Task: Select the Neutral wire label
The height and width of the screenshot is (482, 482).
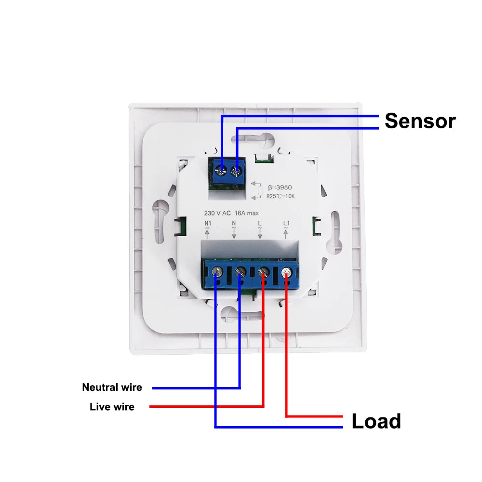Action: coord(112,387)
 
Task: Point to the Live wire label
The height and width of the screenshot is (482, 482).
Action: coord(112,407)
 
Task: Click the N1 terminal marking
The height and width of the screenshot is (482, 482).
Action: coord(208,223)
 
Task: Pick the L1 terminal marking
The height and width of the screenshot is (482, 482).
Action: coord(286,223)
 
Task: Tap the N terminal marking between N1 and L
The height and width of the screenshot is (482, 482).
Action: coord(234,223)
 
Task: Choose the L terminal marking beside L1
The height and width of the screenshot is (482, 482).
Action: coord(260,223)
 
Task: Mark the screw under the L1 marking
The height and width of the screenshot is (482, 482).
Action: coord(287,272)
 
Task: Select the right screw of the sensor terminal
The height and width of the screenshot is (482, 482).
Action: coord(236,169)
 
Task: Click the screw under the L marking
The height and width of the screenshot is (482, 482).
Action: coord(263,272)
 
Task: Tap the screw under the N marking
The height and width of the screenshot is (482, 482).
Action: coord(240,272)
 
